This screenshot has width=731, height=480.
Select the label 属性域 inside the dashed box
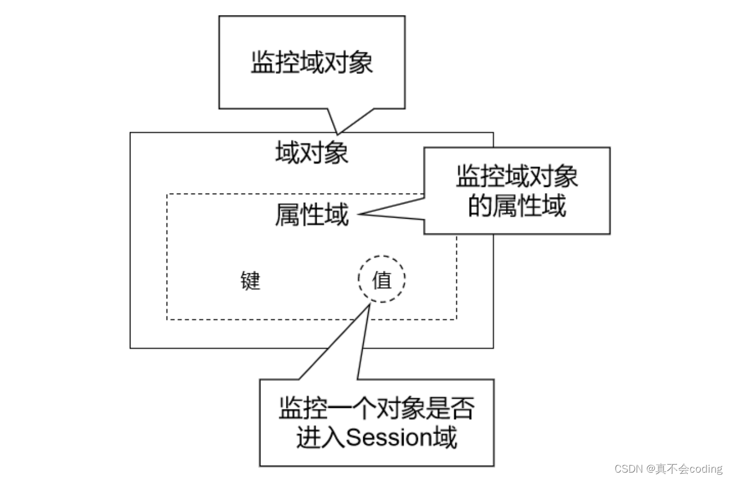(x=311, y=216)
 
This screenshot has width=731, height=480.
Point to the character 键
(x=251, y=281)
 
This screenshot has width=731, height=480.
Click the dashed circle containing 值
(x=382, y=279)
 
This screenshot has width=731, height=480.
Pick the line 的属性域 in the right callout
(x=517, y=207)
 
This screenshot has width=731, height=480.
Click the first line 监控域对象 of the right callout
(x=517, y=177)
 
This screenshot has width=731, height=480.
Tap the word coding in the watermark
(x=705, y=469)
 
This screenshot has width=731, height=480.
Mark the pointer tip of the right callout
(x=359, y=214)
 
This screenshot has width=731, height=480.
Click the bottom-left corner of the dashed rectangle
(x=167, y=319)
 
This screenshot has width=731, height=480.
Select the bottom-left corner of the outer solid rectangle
(x=131, y=348)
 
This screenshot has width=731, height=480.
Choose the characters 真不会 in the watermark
(x=672, y=469)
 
